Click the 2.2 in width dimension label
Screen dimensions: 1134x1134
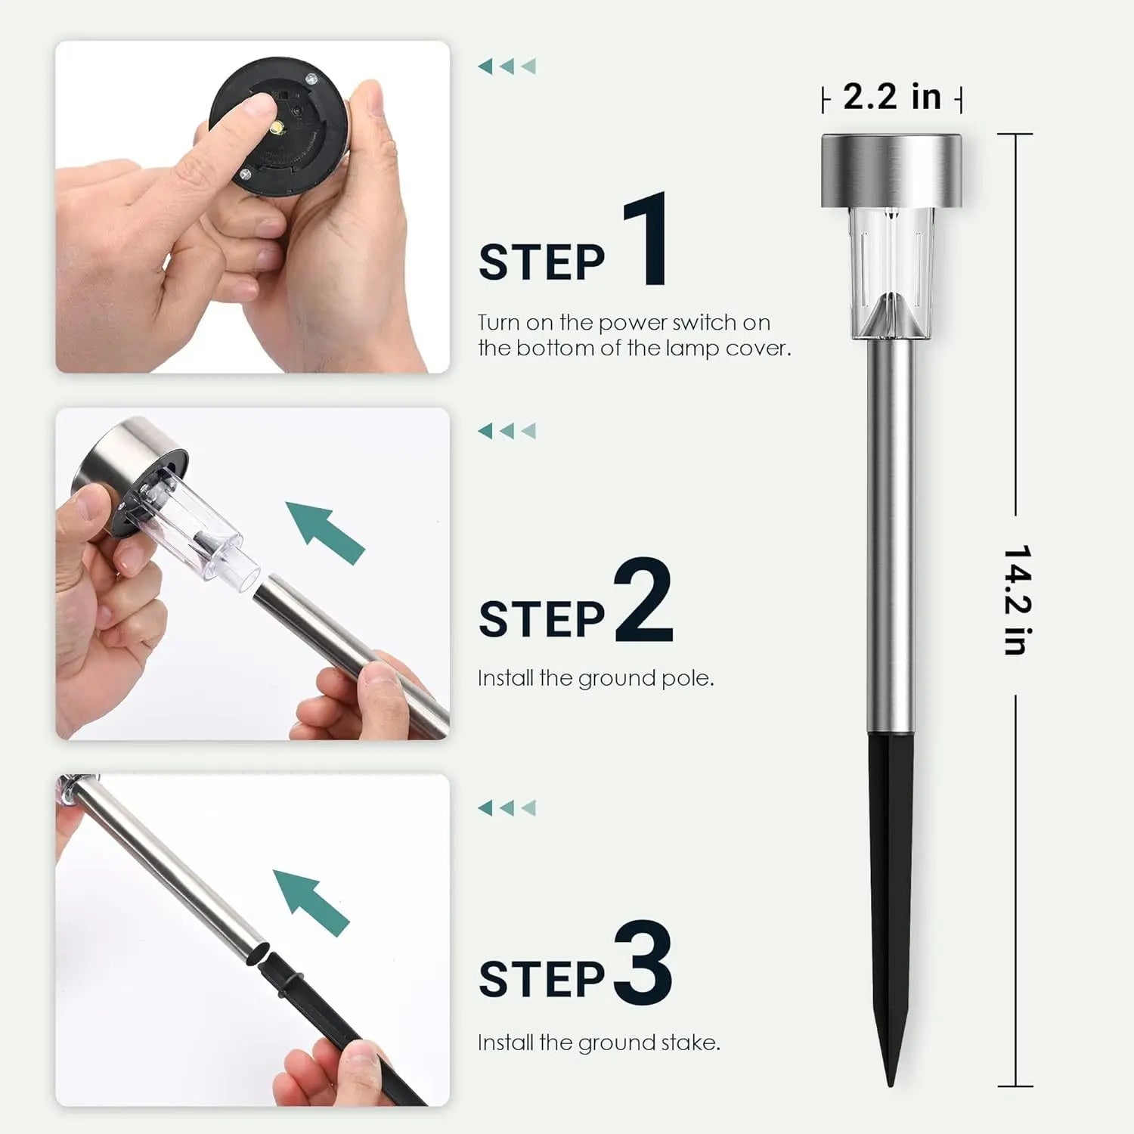891,98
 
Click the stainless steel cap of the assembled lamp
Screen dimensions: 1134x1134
891,170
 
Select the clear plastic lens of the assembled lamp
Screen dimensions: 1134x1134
891,272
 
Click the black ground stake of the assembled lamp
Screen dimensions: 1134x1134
891,869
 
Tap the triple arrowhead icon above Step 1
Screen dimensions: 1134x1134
507,67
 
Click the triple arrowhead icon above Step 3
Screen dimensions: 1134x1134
507,808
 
